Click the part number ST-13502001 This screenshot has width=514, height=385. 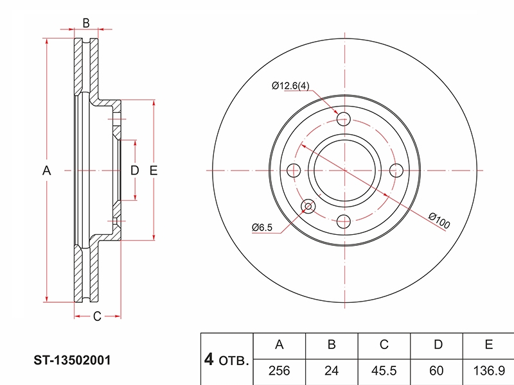point(72,360)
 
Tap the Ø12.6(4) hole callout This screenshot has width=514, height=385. point(290,86)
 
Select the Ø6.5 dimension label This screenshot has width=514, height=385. point(262,227)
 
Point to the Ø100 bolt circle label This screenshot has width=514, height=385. point(439,220)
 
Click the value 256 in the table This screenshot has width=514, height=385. point(279,371)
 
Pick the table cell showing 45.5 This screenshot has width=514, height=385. point(384,371)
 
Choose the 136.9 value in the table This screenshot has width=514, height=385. point(489,371)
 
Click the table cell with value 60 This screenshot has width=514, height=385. point(436,371)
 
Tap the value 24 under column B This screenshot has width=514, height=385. point(332,371)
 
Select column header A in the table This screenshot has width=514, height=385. point(279,345)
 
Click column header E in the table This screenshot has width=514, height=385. point(489,345)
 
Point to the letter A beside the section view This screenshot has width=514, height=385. point(46,171)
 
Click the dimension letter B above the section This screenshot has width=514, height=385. point(86,23)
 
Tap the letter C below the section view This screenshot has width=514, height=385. point(97,316)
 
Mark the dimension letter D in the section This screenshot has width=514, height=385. point(135,171)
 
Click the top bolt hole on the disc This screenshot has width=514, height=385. point(344,119)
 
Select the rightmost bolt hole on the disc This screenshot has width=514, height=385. point(396,170)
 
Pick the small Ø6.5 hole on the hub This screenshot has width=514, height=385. point(308,206)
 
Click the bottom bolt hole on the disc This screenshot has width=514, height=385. point(344,221)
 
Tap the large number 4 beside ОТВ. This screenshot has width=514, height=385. point(209,359)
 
